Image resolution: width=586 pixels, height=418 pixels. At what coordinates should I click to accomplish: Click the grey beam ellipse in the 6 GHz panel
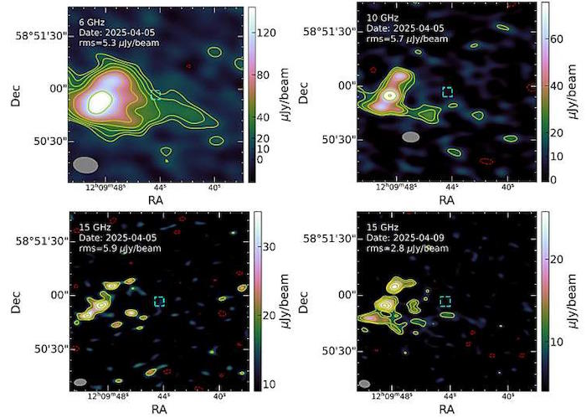[85, 164]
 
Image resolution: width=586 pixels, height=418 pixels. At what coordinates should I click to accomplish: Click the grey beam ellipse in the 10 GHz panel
[410, 137]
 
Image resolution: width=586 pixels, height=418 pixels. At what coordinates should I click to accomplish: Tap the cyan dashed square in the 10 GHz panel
[447, 90]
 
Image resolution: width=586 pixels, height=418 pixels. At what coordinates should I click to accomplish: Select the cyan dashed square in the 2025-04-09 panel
[445, 301]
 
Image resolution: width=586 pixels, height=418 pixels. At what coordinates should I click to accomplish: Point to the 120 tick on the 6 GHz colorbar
[270, 33]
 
